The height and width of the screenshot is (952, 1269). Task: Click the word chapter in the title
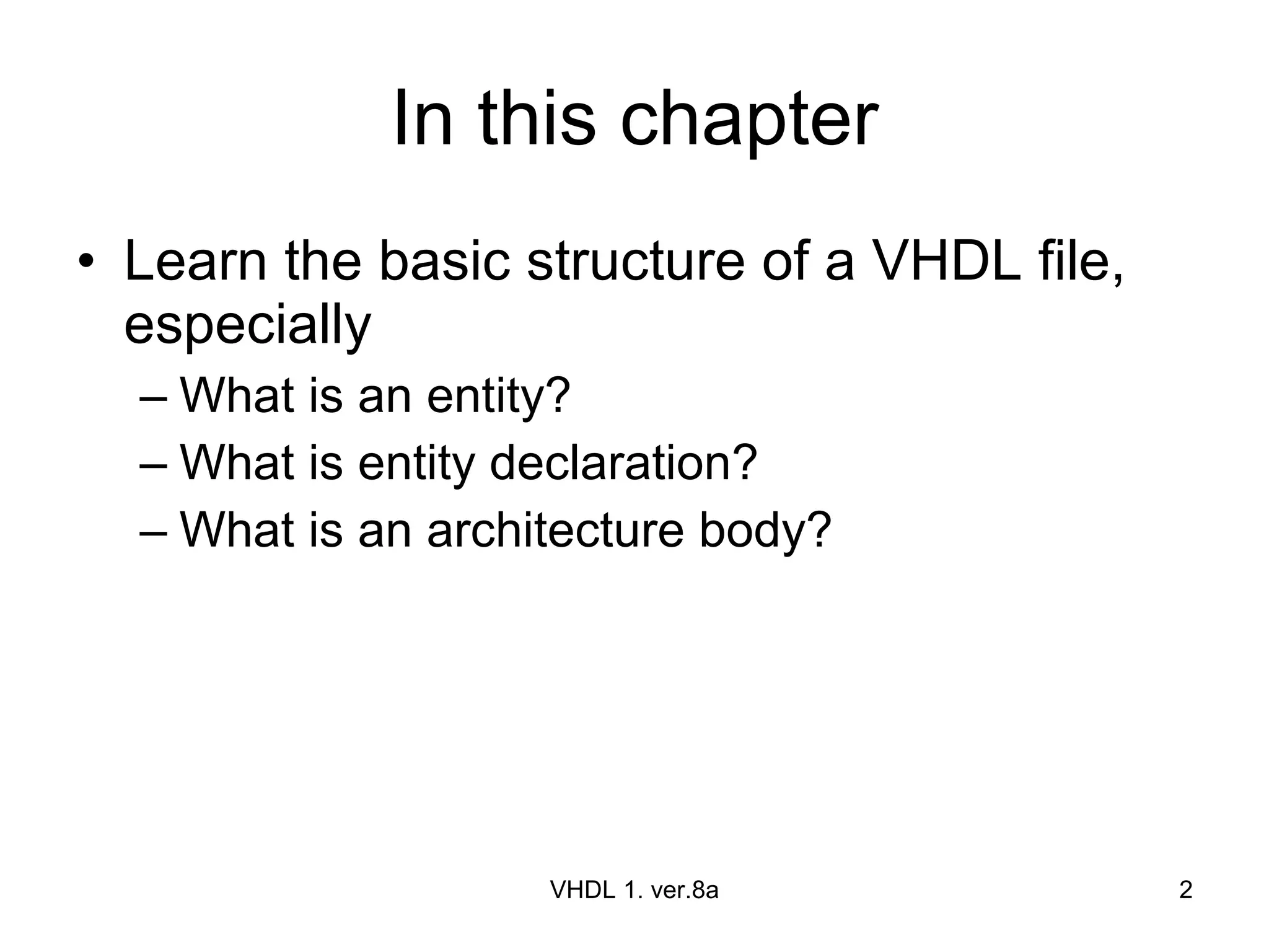tap(749, 119)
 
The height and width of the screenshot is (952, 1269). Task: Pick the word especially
tap(247, 326)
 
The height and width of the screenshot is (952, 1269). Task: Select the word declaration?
tap(623, 463)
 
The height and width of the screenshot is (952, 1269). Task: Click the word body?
tap(765, 531)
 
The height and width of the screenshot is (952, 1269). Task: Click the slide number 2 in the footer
tap(1185, 890)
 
